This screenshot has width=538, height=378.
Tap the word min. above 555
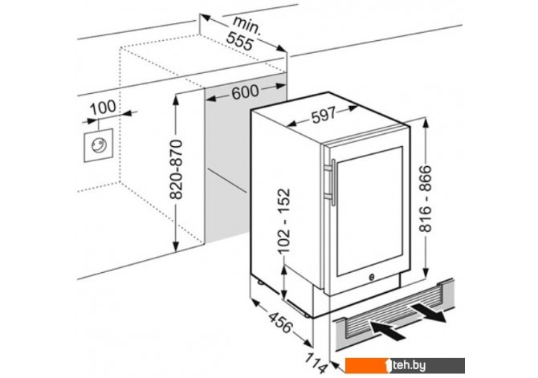coord(247,25)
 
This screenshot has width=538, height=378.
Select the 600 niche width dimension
coord(245,92)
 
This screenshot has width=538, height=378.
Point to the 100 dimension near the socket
coord(103,107)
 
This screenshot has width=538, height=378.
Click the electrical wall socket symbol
coord(99,145)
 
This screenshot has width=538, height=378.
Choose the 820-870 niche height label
coord(177,169)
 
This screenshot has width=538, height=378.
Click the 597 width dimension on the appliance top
coord(324,116)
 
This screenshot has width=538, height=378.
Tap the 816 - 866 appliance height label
coord(426,198)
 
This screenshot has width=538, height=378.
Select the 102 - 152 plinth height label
coord(284,221)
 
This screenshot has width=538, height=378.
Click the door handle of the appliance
coord(330,182)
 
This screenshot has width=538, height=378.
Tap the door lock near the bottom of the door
coord(372,277)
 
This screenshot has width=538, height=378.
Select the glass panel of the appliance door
coord(370,210)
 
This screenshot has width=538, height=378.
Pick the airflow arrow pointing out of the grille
coord(428,312)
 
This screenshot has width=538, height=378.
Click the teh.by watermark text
coord(410,366)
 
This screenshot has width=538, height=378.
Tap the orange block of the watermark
coord(366,365)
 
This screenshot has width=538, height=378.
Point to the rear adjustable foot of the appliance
coord(260,282)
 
